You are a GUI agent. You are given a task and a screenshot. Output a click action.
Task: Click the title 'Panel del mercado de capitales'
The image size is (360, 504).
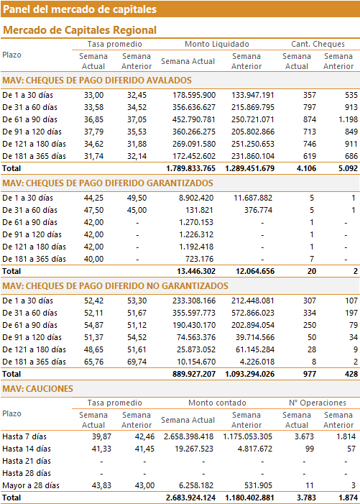click(x=80, y=9)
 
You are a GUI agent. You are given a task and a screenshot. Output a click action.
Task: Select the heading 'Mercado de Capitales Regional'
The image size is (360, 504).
click(x=80, y=30)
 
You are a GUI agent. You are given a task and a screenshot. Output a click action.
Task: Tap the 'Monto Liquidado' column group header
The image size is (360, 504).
click(x=217, y=44)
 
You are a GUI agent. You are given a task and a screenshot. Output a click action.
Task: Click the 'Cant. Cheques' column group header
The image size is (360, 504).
click(x=318, y=44)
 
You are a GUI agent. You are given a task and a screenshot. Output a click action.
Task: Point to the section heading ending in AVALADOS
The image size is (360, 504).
click(x=97, y=81)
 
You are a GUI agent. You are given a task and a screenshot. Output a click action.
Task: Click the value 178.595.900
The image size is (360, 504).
click(x=194, y=95)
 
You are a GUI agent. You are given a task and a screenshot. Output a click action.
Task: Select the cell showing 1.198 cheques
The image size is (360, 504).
click(x=348, y=119)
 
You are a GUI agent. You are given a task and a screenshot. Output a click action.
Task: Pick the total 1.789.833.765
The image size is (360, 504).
click(x=190, y=168)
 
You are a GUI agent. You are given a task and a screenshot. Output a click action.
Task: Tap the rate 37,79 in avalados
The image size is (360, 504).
click(x=94, y=132)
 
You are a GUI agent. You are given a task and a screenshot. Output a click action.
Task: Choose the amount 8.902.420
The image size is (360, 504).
click(x=196, y=198)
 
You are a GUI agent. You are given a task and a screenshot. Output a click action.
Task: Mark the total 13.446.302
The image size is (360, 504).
click(x=196, y=271)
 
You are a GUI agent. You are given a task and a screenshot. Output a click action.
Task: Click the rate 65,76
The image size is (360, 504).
click(x=94, y=362)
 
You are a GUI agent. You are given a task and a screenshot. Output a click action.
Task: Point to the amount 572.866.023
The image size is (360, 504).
click(x=253, y=313)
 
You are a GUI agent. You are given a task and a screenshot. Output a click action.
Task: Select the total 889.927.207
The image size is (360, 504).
click(x=194, y=374)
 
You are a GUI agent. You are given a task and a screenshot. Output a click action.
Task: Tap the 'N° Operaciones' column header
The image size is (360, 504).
click(x=318, y=403)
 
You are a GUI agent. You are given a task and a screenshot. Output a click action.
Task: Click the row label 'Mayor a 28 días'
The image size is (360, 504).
click(x=31, y=485)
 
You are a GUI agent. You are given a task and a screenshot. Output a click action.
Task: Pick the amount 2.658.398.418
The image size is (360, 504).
click(x=188, y=436)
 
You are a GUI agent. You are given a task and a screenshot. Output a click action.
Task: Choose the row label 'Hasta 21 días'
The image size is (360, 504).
click(x=27, y=461)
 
